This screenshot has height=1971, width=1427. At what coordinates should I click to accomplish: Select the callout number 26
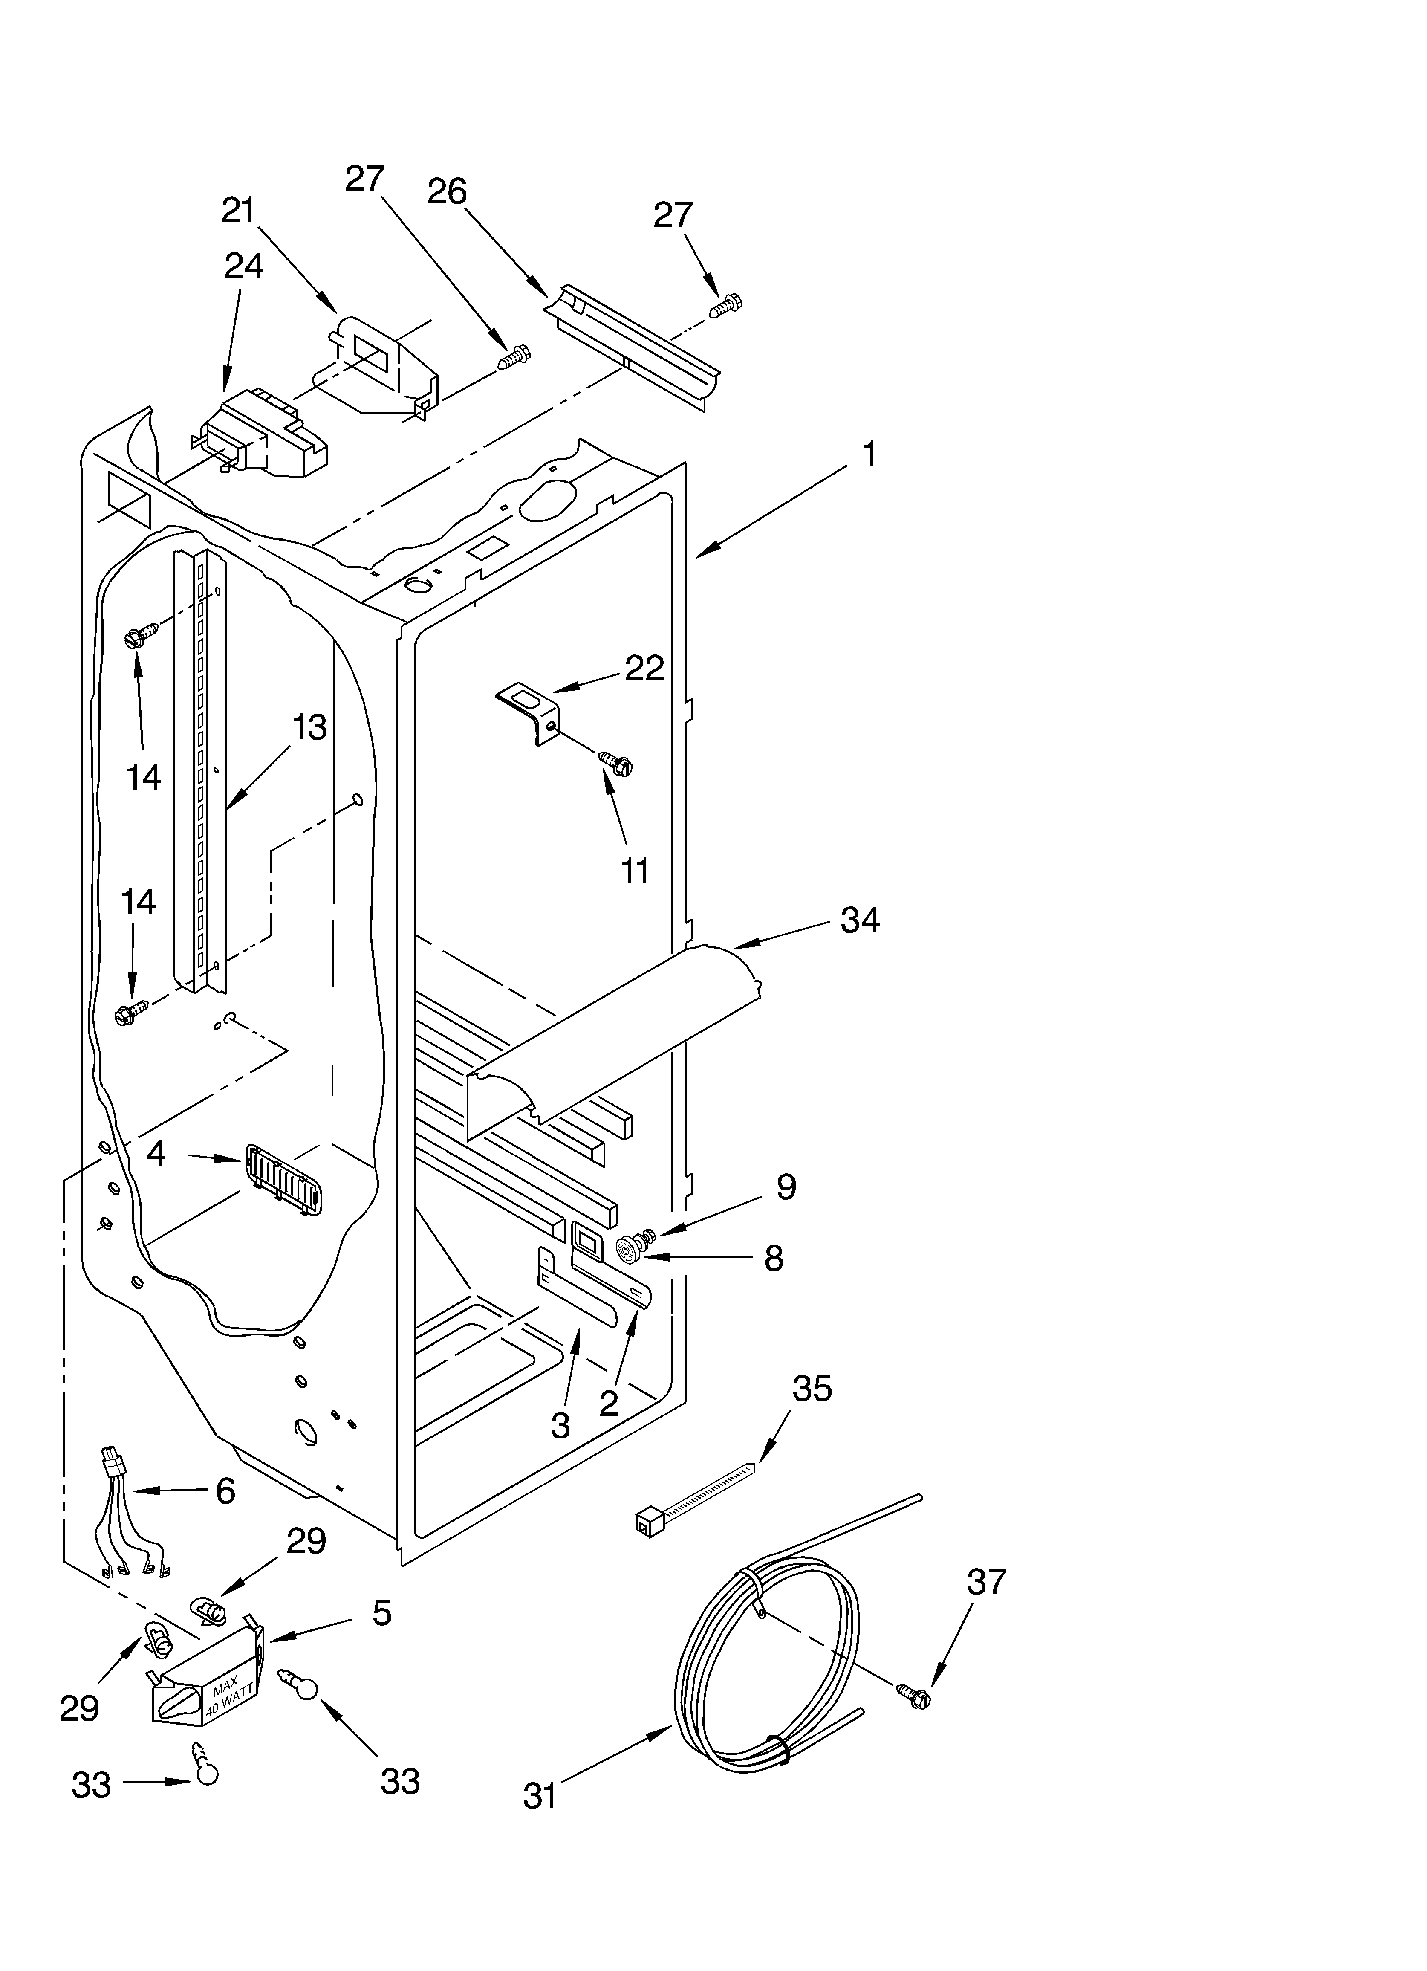447,191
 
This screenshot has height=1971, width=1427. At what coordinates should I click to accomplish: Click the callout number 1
868,454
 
